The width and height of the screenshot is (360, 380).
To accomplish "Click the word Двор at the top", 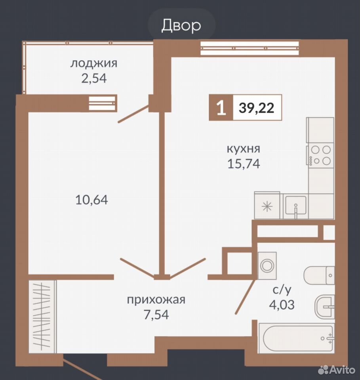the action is point(181,25).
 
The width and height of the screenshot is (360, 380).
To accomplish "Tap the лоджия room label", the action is point(94,64).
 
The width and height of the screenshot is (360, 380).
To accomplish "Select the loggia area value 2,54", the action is point(94,78).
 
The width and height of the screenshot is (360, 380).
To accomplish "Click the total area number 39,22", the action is point(257,108).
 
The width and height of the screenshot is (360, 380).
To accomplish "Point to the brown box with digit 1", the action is point(221,108).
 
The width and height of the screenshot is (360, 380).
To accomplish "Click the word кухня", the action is point(244,148).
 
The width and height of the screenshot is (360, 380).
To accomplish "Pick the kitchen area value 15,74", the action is point(244,163).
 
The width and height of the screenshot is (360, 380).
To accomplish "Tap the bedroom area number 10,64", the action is point(91,200).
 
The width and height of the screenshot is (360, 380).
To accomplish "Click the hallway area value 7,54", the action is point(156,315).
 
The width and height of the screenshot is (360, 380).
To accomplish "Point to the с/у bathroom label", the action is point(282,290).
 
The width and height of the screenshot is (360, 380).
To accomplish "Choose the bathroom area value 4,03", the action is point(282,305).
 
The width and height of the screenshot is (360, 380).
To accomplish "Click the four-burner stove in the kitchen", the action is point(320,155).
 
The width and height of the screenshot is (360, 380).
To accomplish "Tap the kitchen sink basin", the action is point(296,205).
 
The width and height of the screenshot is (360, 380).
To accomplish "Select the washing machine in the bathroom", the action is point(267,266).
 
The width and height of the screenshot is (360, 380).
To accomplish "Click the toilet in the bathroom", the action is point(319,275).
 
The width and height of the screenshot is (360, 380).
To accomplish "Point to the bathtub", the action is point(296,338).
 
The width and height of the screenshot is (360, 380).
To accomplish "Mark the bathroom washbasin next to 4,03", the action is point(325,306).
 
